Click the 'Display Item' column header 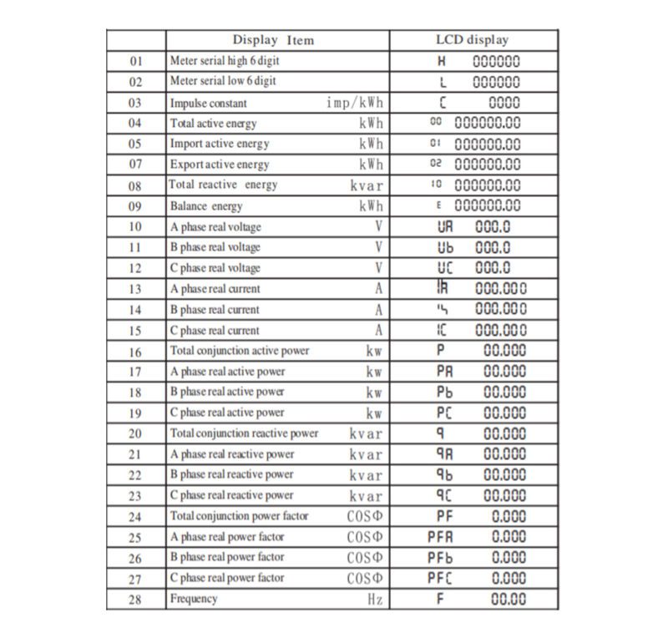tap(273, 40)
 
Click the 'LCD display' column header tap(472, 40)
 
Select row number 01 tap(136, 61)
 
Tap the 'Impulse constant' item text tap(209, 103)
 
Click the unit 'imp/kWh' tap(354, 102)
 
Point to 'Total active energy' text tap(214, 123)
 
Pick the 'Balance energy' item tap(206, 205)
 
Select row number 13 tap(136, 289)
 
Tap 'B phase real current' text tap(215, 310)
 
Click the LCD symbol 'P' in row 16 tap(441, 351)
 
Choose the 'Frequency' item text tap(194, 599)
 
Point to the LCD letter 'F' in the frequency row tap(441, 599)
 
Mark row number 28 tap(136, 599)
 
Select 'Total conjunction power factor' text tap(239, 516)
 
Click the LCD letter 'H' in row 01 tap(442, 61)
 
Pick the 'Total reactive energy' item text tap(223, 185)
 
